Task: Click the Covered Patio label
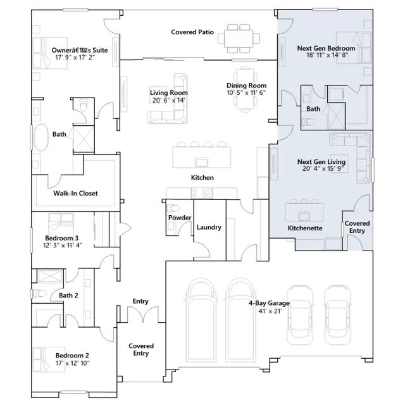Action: (x=192, y=32)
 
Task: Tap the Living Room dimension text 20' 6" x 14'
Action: (x=168, y=100)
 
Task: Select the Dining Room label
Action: (x=246, y=85)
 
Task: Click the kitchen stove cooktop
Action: (x=202, y=193)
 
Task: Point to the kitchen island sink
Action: (x=202, y=162)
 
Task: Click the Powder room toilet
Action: (x=173, y=208)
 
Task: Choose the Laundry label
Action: (x=209, y=227)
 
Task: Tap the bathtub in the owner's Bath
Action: (x=40, y=137)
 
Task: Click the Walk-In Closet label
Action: (x=75, y=193)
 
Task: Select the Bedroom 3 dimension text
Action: (x=63, y=245)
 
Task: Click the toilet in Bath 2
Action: (x=39, y=294)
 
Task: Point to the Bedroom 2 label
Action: (x=72, y=356)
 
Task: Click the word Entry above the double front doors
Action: (x=140, y=301)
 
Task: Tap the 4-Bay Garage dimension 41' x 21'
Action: (x=270, y=311)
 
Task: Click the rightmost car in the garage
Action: (x=337, y=315)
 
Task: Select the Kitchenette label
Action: (x=305, y=228)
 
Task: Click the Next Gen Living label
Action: (x=321, y=162)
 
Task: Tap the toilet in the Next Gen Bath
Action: (x=308, y=121)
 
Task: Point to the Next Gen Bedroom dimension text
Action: (x=327, y=55)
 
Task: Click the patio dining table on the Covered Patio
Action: (x=239, y=39)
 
